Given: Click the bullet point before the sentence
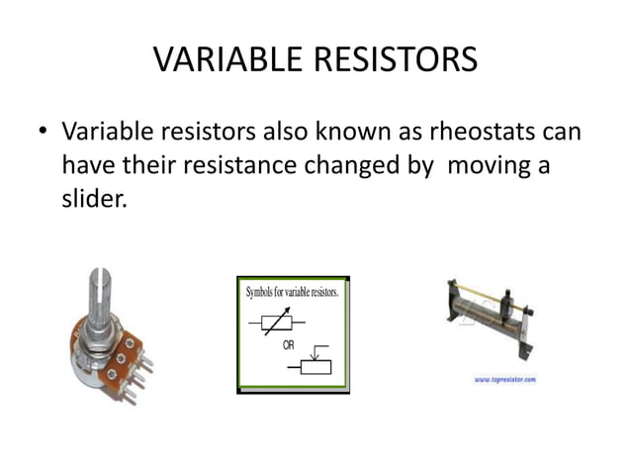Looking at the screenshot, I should pos(41,133).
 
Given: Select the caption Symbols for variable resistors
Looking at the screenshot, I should pos(293,294).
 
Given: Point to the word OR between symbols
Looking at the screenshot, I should pos(290,344).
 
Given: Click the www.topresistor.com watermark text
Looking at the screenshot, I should pos(505,379).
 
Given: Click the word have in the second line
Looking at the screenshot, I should pos(85,165).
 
